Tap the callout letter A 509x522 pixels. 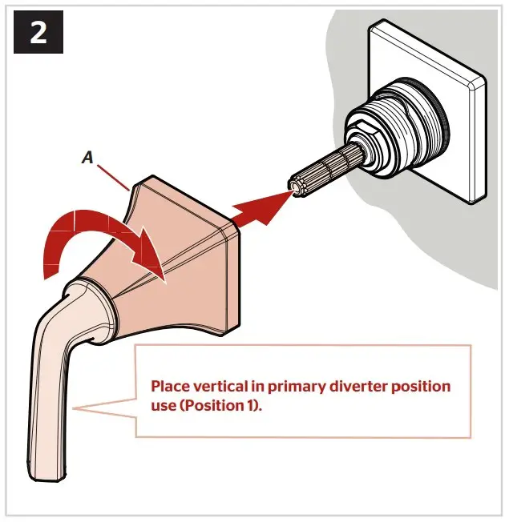(87, 159)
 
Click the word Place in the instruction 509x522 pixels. (172, 387)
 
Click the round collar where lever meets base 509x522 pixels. (92, 308)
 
